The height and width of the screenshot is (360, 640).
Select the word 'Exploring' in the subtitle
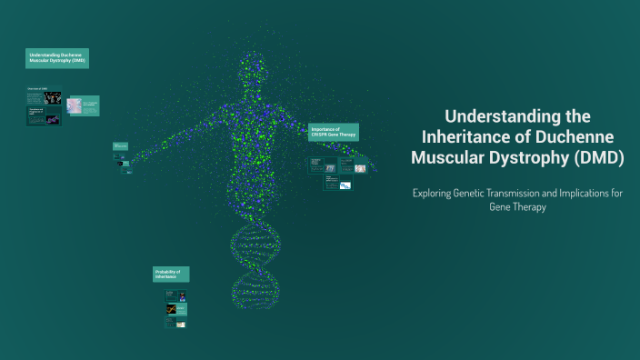[x=435, y=193]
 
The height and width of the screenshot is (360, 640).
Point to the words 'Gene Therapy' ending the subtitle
[x=516, y=207]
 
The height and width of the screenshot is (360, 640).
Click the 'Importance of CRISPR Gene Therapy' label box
[x=333, y=133]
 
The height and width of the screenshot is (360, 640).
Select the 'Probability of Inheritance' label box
[x=171, y=275]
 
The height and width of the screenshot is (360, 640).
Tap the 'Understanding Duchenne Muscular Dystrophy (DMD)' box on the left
[x=57, y=58]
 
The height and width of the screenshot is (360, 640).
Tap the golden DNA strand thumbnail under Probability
[x=170, y=309]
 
